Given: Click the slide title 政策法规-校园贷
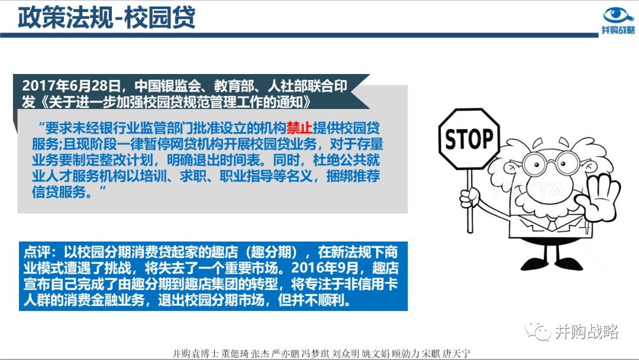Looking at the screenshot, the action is coord(106,18).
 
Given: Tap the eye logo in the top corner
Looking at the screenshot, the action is coord(618,16).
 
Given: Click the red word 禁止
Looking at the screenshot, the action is coord(299,128).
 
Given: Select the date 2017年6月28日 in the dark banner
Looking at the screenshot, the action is coord(71,86).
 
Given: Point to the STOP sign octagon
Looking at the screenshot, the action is coord(469,139).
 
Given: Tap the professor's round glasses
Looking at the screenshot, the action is coord(551,163).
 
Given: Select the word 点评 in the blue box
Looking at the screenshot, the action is coord(37,252).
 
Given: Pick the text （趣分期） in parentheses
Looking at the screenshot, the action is coord(275,252).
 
